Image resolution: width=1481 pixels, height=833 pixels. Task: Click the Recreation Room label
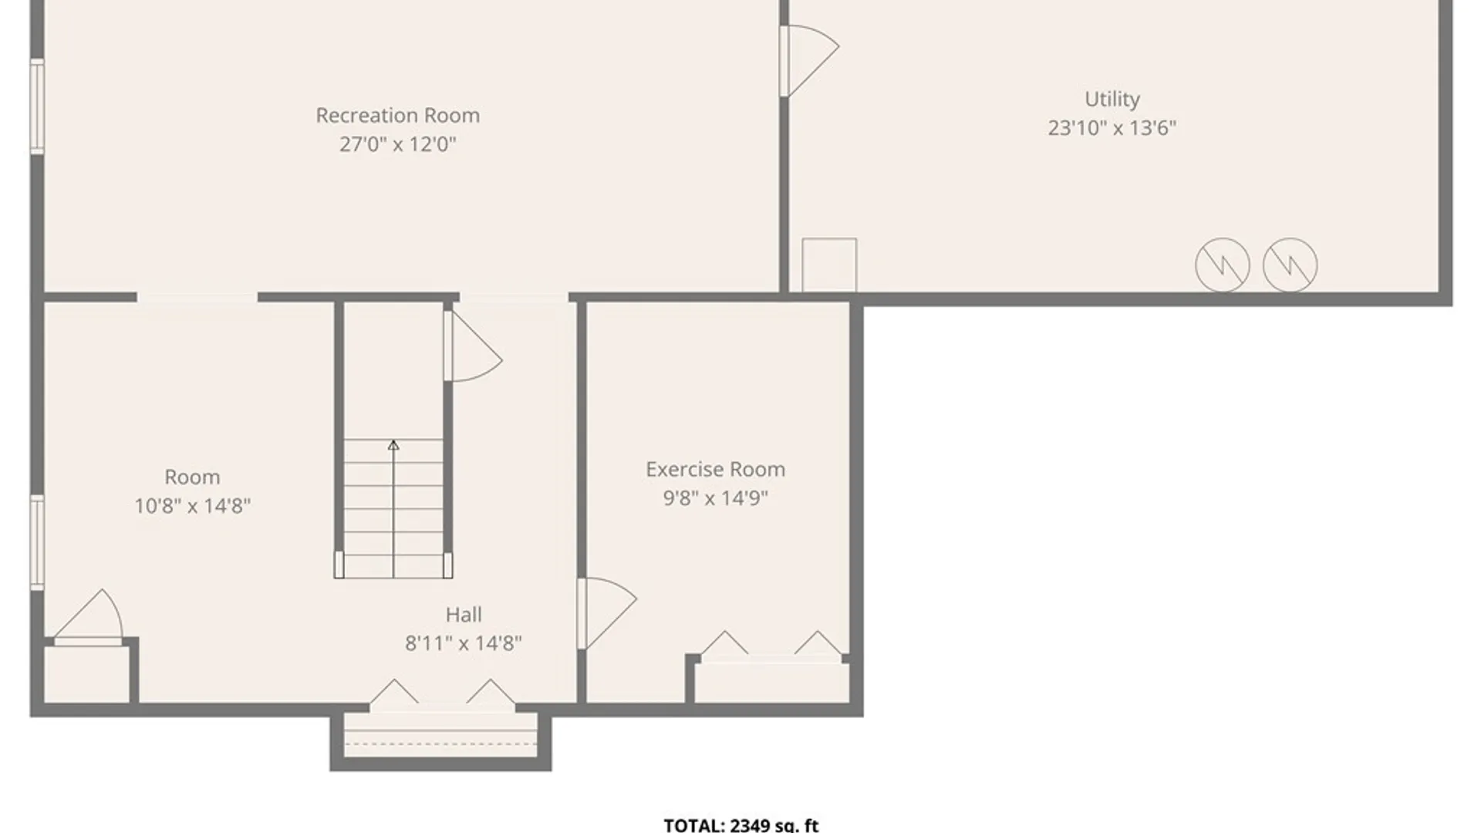(397, 116)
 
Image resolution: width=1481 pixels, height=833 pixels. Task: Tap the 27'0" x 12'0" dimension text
(397, 144)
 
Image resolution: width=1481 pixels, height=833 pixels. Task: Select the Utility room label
(1112, 99)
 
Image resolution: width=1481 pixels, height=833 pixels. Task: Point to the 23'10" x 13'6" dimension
(1112, 128)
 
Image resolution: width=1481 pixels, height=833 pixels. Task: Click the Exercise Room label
(715, 470)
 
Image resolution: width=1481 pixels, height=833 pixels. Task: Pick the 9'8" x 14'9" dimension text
(715, 498)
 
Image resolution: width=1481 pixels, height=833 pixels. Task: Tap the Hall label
(464, 615)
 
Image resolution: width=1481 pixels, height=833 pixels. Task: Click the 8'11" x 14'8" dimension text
(464, 643)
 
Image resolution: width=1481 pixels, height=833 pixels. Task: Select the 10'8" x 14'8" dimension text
(192, 506)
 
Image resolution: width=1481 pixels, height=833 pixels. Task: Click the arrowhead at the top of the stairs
(393, 445)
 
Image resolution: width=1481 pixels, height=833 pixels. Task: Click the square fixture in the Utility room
(829, 265)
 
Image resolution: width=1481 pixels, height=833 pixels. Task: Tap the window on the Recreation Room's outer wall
(36, 106)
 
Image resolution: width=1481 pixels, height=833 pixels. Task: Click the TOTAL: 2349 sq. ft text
(740, 825)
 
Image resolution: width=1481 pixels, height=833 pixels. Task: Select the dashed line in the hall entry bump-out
(440, 744)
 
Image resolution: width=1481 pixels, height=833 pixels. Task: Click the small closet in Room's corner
(86, 674)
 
